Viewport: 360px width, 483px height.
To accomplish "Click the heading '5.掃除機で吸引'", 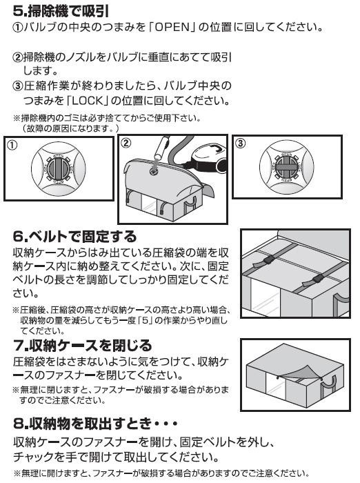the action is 61,12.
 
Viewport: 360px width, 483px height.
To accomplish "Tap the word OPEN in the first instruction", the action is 172,28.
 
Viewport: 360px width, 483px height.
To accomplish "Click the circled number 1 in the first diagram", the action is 12,145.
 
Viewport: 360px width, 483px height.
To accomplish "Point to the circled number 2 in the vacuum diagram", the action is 126,143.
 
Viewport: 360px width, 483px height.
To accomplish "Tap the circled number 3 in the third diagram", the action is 240,143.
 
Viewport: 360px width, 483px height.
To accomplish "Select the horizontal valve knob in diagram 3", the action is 286,166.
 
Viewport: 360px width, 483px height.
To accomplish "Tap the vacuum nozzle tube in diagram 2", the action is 162,150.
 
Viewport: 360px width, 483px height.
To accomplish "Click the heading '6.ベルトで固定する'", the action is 75,237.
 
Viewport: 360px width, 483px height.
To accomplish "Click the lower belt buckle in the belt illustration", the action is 318,279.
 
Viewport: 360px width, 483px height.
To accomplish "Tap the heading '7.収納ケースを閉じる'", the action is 83,346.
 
